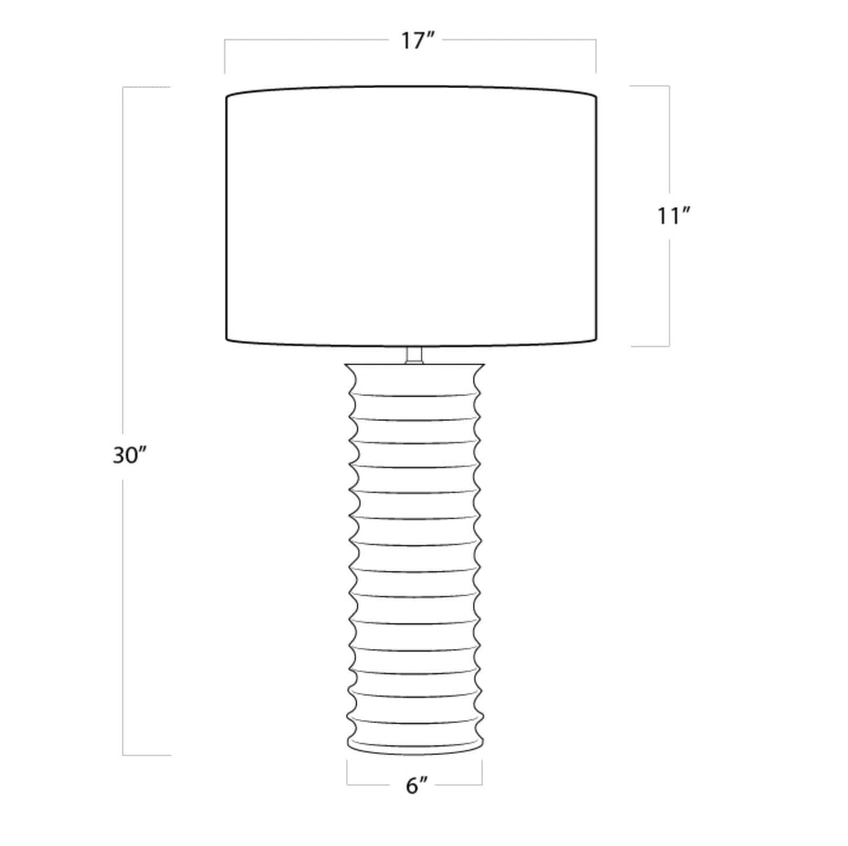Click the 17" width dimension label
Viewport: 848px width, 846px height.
[x=418, y=40]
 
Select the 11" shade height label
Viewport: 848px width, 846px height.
[x=673, y=216]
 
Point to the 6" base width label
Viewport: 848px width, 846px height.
[x=416, y=787]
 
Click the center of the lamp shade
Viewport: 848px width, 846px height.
[x=411, y=216]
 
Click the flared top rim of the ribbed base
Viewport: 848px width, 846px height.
[x=414, y=366]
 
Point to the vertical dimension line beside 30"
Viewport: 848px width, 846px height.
[x=124, y=279]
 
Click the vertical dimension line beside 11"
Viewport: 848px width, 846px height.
[x=669, y=140]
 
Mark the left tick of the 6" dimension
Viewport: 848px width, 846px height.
[x=347, y=773]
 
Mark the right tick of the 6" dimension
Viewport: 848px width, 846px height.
[x=481, y=773]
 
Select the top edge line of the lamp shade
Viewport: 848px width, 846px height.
[x=411, y=88]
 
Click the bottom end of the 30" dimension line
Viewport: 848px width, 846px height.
[x=124, y=755]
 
